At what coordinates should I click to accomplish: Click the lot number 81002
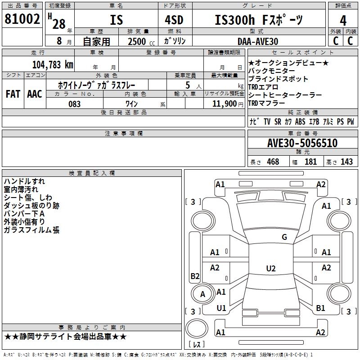pyautogui.click(x=22, y=19)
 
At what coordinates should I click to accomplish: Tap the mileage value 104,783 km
pyautogui.click(x=53, y=65)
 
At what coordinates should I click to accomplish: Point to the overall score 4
pyautogui.click(x=343, y=21)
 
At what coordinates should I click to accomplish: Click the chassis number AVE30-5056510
pyautogui.click(x=302, y=143)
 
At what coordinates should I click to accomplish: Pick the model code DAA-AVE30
pyautogui.click(x=258, y=41)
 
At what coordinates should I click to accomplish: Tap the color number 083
pyautogui.click(x=74, y=104)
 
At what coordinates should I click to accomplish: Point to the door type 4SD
pyautogui.click(x=174, y=20)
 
